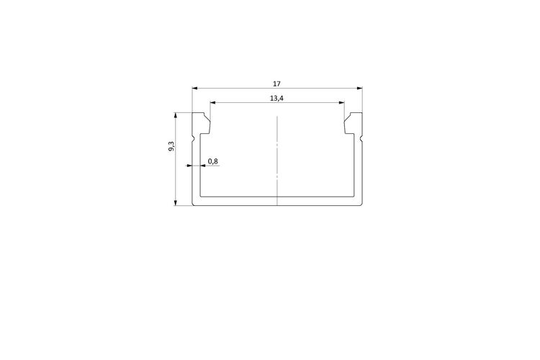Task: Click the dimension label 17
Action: coord(276,84)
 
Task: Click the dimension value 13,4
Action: coord(276,99)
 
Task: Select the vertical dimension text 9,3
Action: coord(171,146)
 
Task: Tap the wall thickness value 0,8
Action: coord(213,161)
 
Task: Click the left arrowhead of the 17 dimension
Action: coord(194,88)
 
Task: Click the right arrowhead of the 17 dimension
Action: coord(360,88)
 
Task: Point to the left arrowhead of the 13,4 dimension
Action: coord(213,102)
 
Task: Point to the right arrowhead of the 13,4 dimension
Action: coord(341,102)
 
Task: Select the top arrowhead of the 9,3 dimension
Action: coord(176,115)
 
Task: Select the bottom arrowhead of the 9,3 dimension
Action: coord(176,203)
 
